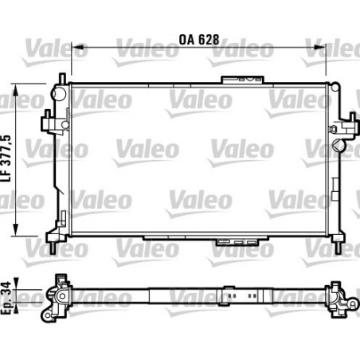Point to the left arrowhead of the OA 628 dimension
pos(74,49)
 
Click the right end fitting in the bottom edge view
pos(341,299)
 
